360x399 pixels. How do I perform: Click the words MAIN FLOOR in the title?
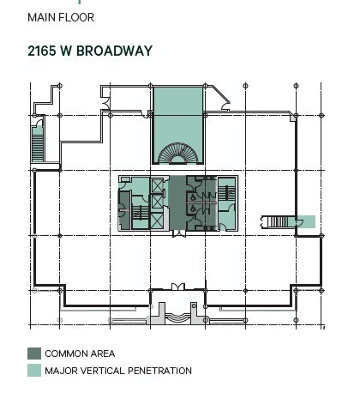coord(61,17)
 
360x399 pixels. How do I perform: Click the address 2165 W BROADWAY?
coord(90,51)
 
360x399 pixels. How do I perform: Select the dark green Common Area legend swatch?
coord(33,354)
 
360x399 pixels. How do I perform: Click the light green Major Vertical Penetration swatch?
coord(33,371)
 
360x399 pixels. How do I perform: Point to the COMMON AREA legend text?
coord(80,354)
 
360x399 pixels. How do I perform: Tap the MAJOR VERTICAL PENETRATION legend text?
coord(118,371)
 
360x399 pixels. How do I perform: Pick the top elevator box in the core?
coord(158,186)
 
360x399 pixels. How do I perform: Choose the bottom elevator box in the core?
coord(158,218)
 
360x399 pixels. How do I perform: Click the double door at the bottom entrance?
coord(177,287)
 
